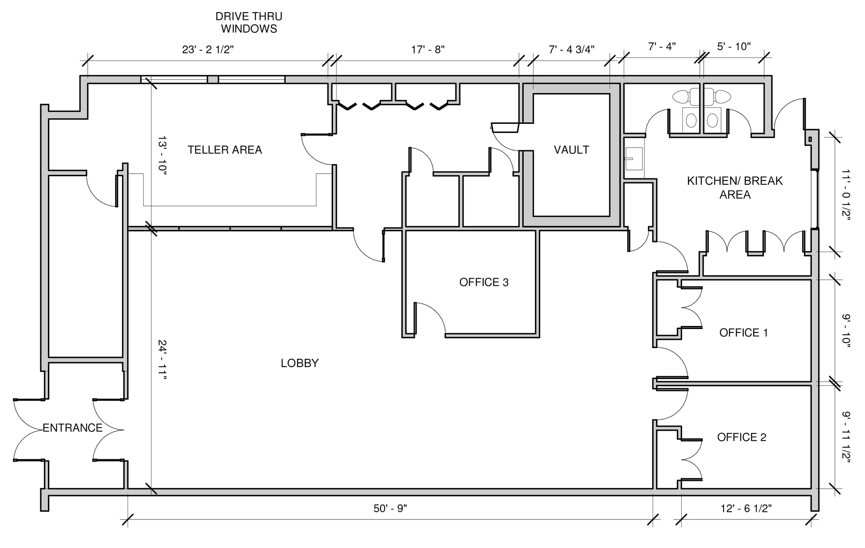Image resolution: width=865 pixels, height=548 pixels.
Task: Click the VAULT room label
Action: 571,150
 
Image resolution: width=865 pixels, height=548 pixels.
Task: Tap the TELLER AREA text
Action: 224,150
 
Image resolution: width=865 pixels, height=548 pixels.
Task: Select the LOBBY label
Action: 299,363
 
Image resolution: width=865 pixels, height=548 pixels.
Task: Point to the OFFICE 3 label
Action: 484,282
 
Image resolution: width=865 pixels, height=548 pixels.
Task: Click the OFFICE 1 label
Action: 743,332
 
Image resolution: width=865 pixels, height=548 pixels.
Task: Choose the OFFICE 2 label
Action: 741,437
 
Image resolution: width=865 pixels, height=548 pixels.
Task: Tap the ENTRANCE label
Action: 72,428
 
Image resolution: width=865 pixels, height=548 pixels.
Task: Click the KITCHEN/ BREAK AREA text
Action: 734,187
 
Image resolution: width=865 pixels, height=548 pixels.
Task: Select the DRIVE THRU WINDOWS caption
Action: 249,23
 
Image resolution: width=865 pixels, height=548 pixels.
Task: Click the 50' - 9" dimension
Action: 390,508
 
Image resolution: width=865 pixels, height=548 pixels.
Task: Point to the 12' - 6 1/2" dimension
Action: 746,508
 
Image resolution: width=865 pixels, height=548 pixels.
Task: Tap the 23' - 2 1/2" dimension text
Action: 208,49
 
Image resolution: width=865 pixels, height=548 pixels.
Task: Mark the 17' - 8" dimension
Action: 427,49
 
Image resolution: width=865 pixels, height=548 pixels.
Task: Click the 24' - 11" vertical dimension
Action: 162,360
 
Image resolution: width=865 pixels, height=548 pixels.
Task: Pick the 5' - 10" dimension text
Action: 734,46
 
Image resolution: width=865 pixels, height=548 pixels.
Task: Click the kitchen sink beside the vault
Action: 634,158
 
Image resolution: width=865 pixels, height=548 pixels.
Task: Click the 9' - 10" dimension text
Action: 846,331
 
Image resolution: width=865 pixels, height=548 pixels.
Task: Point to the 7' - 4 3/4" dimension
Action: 571,49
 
